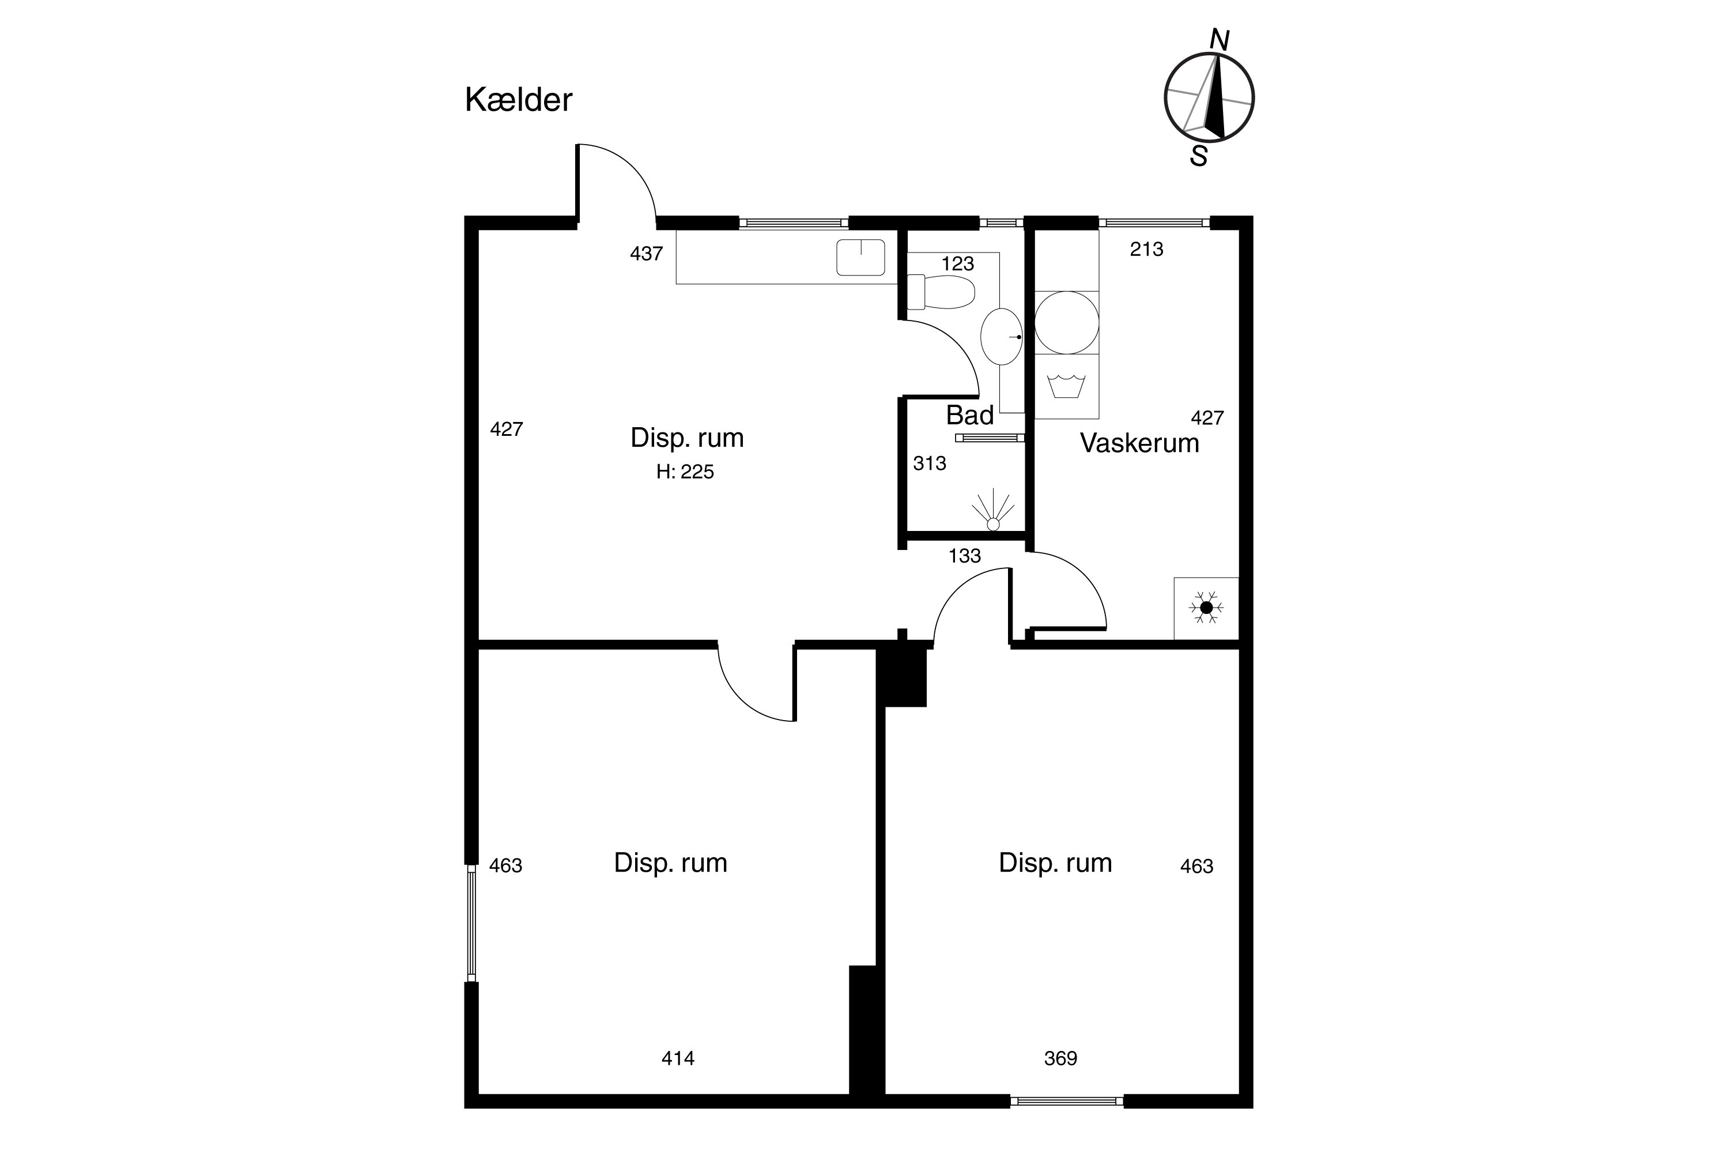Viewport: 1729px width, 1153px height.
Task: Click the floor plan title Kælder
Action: [x=518, y=100]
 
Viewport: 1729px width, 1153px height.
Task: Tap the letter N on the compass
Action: [x=1220, y=40]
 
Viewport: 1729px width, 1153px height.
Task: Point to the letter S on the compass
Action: [x=1199, y=156]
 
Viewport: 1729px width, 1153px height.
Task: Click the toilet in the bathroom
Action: [x=941, y=292]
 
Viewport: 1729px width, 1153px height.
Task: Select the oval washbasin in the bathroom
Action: [x=1001, y=337]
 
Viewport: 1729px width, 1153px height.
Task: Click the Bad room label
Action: [x=969, y=416]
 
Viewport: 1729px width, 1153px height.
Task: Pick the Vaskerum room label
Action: [x=1139, y=443]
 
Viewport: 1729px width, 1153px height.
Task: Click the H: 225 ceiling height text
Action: [x=685, y=472]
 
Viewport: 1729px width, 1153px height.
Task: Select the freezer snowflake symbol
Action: [x=1206, y=608]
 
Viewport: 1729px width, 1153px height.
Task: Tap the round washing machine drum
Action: [x=1067, y=323]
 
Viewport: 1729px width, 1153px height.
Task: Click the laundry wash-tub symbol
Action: [x=1067, y=386]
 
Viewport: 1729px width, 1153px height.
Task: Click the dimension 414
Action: [x=678, y=1058]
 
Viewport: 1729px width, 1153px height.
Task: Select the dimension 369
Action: [x=1061, y=1058]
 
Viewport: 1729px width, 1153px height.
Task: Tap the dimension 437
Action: [x=647, y=254]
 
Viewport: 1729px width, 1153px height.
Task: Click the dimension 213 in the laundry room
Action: [x=1147, y=249]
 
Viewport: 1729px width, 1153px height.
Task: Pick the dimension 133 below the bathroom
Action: [x=964, y=556]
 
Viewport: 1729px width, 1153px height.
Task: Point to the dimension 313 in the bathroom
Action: [x=930, y=464]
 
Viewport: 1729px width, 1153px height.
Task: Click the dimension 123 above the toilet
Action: [x=958, y=263]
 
